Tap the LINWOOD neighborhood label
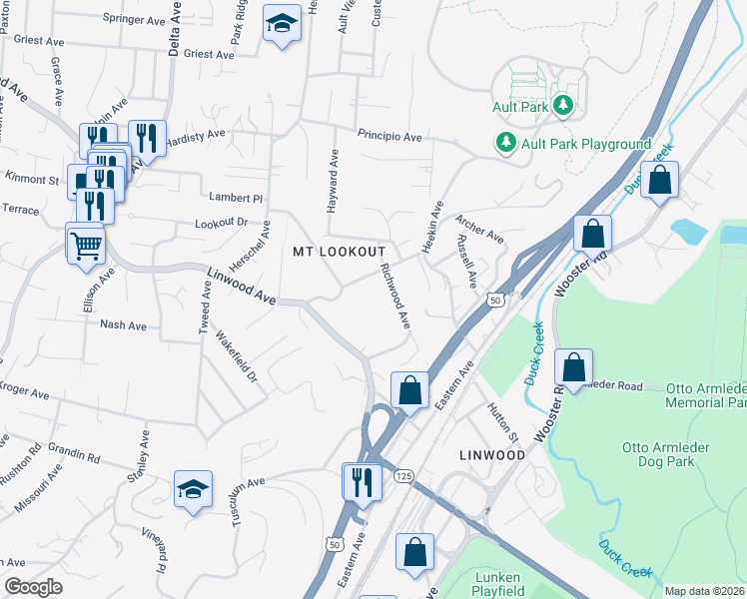click(491, 455)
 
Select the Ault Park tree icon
click(562, 105)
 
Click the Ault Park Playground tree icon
click(506, 144)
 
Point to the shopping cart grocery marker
click(86, 243)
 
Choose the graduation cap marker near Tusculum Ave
click(193, 489)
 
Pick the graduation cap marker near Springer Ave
click(282, 23)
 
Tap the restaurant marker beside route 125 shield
click(362, 482)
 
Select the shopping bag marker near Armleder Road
click(574, 368)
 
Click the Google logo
click(33, 587)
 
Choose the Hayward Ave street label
click(334, 182)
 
